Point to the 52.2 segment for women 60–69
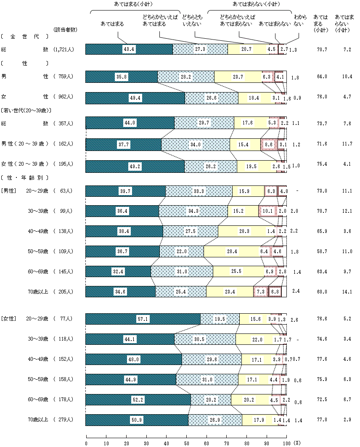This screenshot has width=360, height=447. coord(138,400)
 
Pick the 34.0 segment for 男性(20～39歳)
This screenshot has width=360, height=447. coord(196,144)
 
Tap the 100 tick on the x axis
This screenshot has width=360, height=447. coord(287,443)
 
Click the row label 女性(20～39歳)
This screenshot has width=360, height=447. coord(25,164)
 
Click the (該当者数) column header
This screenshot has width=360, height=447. coord(64,29)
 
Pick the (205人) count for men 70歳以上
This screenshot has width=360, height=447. coord(64,292)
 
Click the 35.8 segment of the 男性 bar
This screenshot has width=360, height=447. coord(122,77)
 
